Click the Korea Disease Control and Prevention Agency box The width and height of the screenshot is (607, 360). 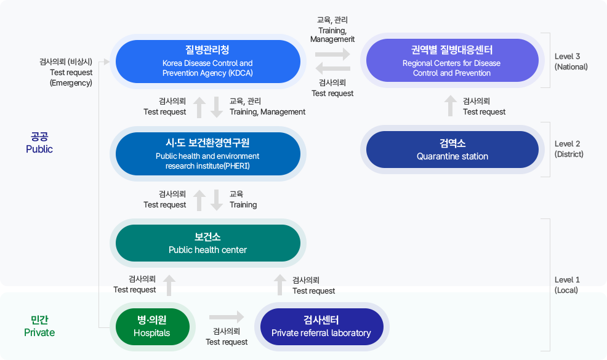[207, 61]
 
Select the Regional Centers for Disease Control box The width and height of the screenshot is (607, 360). [451, 61]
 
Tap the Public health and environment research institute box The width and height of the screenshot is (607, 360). [207, 154]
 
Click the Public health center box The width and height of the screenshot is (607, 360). [207, 243]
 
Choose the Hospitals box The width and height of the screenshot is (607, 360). [152, 327]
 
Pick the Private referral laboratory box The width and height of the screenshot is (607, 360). [321, 327]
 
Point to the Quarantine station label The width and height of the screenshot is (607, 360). [452, 150]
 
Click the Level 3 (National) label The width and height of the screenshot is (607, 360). [571, 61]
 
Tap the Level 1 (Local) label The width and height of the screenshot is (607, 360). [566, 284]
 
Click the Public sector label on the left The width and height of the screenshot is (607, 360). [39, 143]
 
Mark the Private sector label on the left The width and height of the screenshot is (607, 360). [39, 326]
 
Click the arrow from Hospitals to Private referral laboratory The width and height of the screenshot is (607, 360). [227, 317]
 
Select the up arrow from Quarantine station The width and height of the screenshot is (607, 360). [451, 105]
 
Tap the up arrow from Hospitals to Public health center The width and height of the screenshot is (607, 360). [169, 284]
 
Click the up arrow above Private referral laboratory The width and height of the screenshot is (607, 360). [280, 284]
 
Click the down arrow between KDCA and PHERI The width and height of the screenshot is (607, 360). [217, 106]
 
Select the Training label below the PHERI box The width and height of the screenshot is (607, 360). [243, 199]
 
